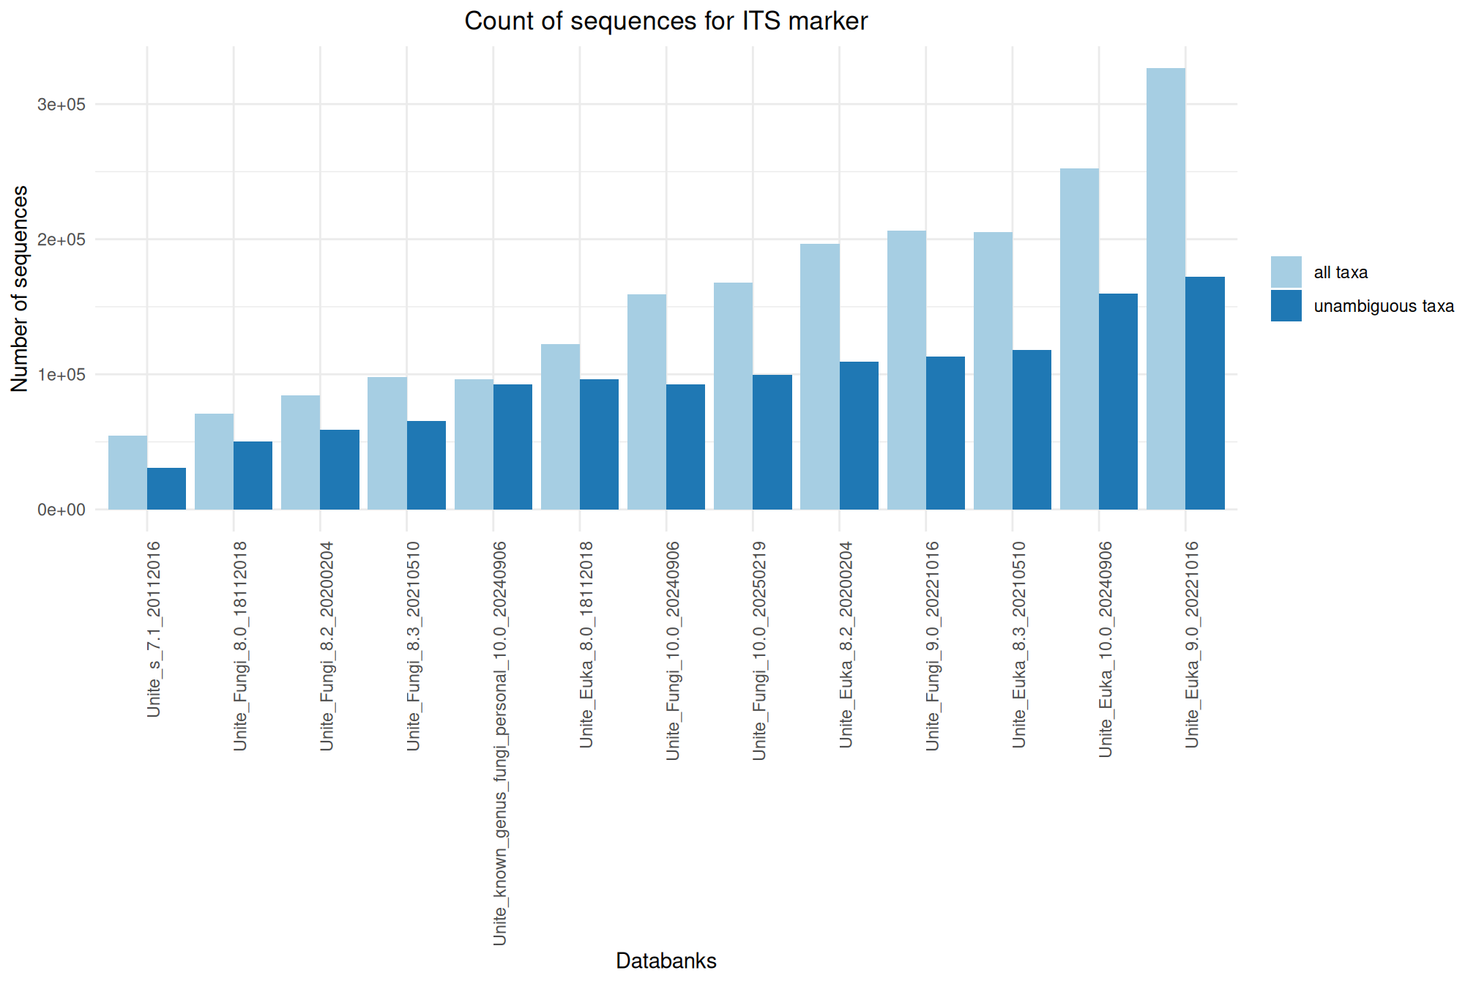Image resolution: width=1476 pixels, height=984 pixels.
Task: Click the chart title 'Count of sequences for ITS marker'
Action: tap(666, 21)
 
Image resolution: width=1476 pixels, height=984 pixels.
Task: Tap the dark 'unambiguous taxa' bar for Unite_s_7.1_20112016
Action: tap(167, 488)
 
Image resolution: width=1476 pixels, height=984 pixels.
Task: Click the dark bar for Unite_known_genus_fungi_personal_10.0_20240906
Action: tap(512, 447)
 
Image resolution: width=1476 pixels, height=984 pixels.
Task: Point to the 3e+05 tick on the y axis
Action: tap(61, 105)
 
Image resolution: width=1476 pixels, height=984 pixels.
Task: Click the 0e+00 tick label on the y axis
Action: tap(61, 510)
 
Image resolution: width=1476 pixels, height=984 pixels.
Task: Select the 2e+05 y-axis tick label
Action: tap(61, 240)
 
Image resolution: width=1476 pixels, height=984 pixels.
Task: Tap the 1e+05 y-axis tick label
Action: tap(61, 375)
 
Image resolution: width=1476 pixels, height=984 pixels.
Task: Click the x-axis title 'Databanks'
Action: tap(666, 961)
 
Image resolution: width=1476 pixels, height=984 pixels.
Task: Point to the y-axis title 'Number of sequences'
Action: tap(20, 288)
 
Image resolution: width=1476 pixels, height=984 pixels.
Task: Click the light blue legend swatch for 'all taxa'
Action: tap(1286, 272)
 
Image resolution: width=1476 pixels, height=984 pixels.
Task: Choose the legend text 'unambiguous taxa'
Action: tap(1383, 306)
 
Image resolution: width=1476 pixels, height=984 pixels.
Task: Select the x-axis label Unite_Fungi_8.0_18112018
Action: tap(240, 646)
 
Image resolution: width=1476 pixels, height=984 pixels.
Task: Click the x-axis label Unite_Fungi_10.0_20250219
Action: tap(759, 650)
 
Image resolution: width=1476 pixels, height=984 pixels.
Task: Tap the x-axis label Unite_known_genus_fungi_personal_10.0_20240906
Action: tap(500, 743)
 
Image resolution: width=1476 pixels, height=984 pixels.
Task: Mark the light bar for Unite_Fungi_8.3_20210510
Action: tap(387, 443)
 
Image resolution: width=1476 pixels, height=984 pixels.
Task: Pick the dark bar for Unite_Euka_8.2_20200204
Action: tap(859, 436)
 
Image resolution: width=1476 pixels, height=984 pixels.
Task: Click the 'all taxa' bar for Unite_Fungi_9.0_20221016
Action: tap(906, 370)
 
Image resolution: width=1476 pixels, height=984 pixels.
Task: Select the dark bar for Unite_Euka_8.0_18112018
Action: tap(599, 444)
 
